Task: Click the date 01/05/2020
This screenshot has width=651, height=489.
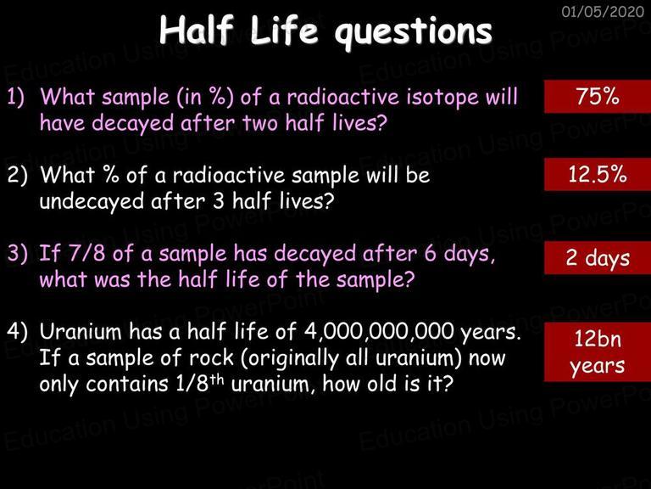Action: pos(603,11)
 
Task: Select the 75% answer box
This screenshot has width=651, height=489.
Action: pos(598,97)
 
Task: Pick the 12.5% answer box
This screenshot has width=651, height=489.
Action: pos(598,174)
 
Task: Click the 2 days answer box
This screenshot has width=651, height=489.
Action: pos(598,258)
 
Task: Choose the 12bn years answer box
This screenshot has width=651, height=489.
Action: pos(598,351)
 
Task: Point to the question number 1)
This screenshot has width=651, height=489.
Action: pos(16,98)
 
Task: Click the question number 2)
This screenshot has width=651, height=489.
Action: pos(17,175)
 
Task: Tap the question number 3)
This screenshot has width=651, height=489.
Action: pos(17,253)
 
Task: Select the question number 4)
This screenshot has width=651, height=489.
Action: pos(17,331)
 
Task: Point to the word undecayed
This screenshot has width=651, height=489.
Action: pos(92,203)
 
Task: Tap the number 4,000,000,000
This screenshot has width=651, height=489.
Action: pos(379,332)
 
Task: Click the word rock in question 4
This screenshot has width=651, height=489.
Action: pos(211,357)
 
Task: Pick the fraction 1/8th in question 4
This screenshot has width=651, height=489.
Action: pos(200,384)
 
